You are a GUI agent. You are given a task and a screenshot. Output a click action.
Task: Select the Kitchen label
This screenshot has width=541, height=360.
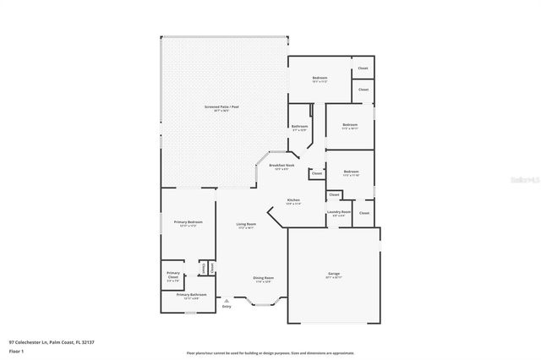coord(293,201)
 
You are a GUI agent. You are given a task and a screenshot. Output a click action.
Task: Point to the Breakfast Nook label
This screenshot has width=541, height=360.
coord(281,166)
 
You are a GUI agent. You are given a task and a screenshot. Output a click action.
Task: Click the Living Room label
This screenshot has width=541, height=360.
coord(245,225)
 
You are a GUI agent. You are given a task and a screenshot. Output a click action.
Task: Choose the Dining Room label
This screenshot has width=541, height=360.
coord(263,279)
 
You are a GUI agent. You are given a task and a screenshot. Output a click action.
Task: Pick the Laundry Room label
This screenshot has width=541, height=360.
coord(341,213)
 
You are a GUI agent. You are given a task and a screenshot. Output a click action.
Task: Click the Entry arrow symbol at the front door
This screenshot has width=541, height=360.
coord(226,300)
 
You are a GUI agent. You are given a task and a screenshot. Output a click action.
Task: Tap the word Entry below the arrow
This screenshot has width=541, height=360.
coord(226,307)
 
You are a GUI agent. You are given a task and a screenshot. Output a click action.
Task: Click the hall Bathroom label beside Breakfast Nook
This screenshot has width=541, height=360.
coord(300,126)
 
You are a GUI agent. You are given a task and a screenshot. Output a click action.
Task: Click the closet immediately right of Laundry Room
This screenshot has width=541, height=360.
coord(363,213)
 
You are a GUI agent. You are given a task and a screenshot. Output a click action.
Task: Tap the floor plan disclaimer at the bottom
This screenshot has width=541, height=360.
coord(270,352)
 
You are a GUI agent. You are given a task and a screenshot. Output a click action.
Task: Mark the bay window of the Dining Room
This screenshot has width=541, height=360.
coord(263,306)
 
